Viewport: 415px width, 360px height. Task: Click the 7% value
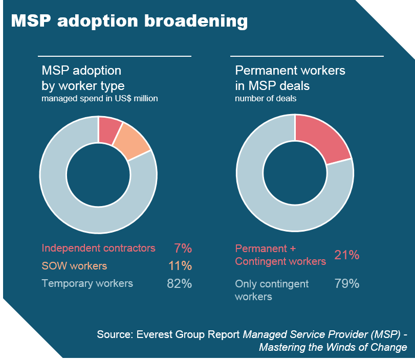click(x=183, y=249)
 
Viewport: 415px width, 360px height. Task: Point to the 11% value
click(x=180, y=266)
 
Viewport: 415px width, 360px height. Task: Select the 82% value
click(x=179, y=284)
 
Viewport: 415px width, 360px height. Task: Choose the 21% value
click(x=347, y=255)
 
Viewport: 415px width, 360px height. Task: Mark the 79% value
click(x=347, y=284)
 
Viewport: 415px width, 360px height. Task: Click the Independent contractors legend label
click(x=98, y=249)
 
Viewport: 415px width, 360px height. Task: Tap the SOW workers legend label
click(x=74, y=266)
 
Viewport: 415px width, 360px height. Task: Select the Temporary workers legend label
click(x=87, y=283)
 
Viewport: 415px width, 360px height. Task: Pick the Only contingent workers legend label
click(x=272, y=290)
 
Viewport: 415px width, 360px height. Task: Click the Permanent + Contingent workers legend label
click(x=280, y=255)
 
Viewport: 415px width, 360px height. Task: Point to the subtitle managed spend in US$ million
click(x=99, y=99)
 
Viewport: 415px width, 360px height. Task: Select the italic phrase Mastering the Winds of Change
click(x=333, y=348)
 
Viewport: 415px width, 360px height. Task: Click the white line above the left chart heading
click(x=115, y=56)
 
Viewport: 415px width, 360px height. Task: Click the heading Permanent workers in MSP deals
click(x=290, y=78)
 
